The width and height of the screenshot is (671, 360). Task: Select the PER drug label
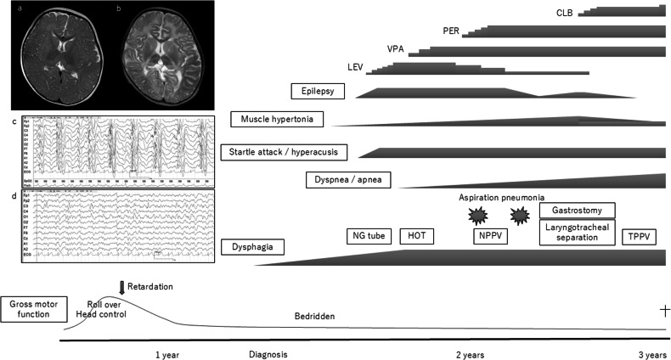452,31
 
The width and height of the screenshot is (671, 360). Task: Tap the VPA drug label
396,48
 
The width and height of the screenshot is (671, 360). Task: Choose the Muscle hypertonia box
276,119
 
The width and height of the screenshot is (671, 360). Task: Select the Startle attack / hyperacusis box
283,152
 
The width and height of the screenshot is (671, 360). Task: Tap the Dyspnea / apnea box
339,179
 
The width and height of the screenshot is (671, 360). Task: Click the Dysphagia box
252,247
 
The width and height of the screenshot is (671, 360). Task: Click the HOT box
416,236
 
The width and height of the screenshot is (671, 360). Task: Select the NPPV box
490,236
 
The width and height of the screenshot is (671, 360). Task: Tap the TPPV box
640,236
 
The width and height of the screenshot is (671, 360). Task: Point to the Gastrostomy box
578,211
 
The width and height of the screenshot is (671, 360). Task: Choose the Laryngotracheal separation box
578,232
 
